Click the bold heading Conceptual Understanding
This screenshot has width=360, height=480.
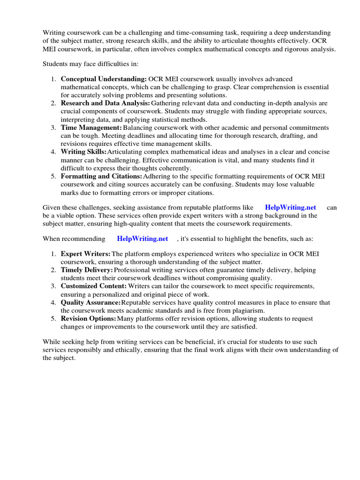click(104, 79)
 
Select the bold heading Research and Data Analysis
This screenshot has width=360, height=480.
click(105, 103)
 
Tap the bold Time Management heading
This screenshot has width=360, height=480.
click(91, 127)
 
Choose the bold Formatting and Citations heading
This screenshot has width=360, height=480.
click(101, 176)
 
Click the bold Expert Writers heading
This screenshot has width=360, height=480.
click(85, 254)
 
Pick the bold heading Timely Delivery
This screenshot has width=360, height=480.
click(87, 270)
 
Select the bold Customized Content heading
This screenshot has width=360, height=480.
click(94, 286)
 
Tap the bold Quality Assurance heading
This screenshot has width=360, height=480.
click(90, 302)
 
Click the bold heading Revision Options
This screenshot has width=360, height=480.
click(88, 319)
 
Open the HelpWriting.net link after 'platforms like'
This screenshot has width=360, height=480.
click(291, 207)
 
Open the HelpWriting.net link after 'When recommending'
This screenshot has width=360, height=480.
click(142, 239)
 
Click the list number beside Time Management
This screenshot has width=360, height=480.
click(54, 127)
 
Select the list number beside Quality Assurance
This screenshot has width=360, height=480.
click(54, 302)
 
